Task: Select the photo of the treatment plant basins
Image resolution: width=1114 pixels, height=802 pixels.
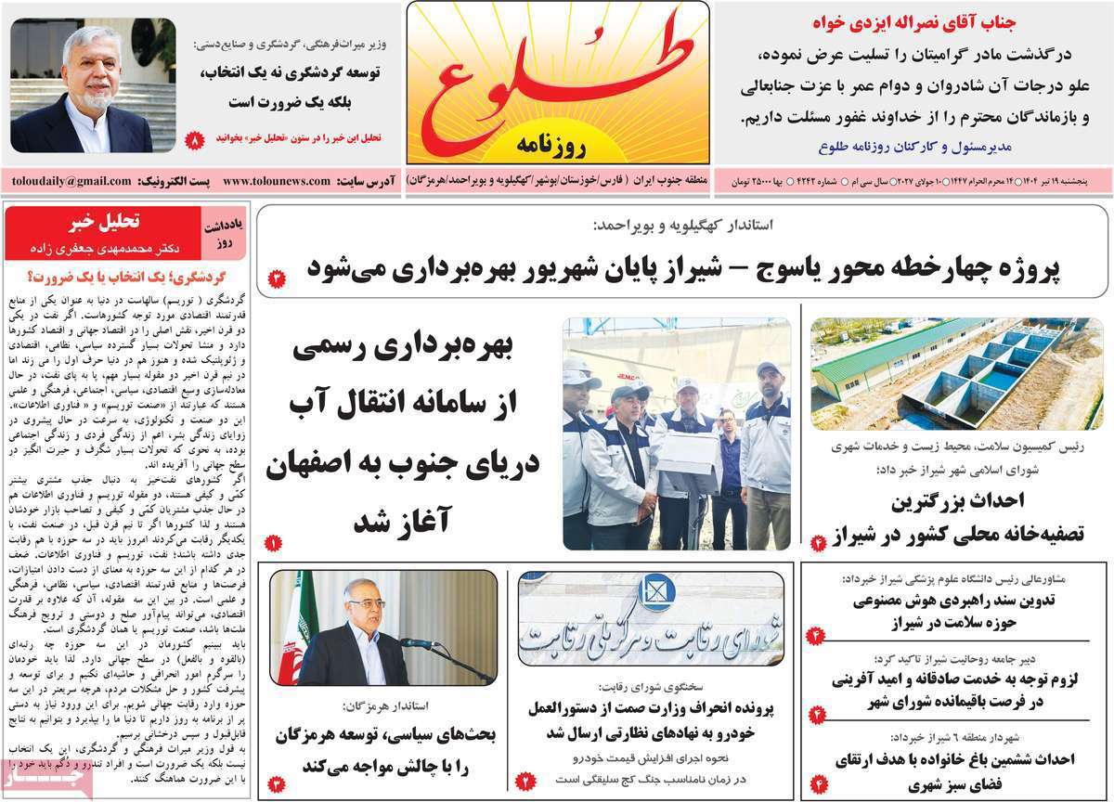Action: [956, 373]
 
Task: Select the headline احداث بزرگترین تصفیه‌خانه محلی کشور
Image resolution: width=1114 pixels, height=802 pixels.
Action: [956, 518]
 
